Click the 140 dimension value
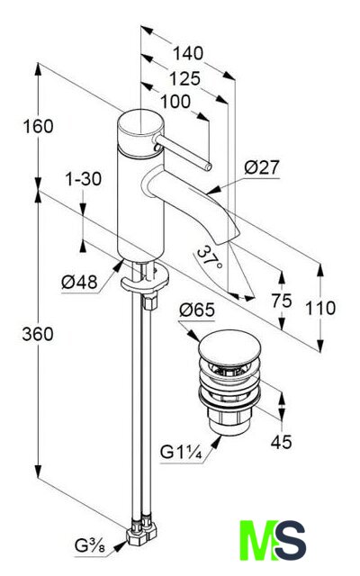tap(188, 53)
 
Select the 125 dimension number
tap(184, 78)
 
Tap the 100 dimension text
tap(175, 102)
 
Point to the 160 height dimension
tap(38, 126)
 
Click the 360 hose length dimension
tap(38, 334)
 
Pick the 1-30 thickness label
tap(84, 179)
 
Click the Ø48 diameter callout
tap(80, 282)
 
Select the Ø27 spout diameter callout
tap(262, 167)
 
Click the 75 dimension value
tap(282, 301)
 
